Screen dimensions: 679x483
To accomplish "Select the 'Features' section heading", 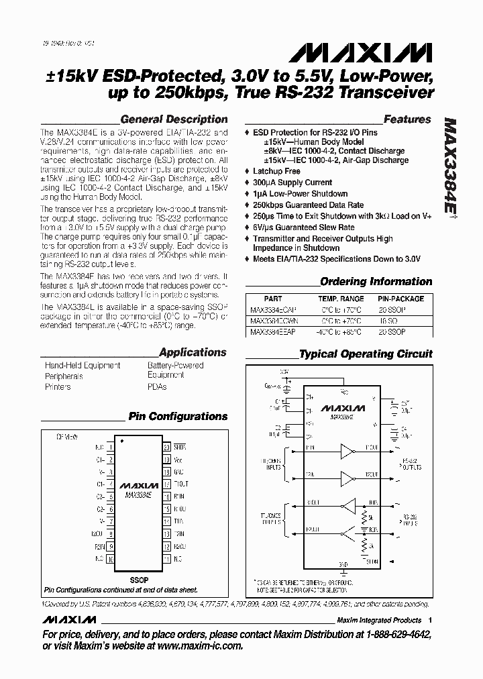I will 407,119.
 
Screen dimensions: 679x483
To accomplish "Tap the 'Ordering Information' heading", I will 376,282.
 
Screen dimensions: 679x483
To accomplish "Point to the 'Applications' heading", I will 193,352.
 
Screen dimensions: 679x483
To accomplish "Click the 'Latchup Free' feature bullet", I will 276,171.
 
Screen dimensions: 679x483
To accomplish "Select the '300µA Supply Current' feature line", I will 292,182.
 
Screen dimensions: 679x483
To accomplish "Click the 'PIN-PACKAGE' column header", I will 400,299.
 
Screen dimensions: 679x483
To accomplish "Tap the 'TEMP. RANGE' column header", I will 341,299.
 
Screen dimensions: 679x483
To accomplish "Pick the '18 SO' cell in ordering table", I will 400,321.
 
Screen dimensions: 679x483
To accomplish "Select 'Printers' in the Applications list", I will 58,387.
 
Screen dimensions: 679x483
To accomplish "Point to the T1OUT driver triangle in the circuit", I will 347,448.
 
